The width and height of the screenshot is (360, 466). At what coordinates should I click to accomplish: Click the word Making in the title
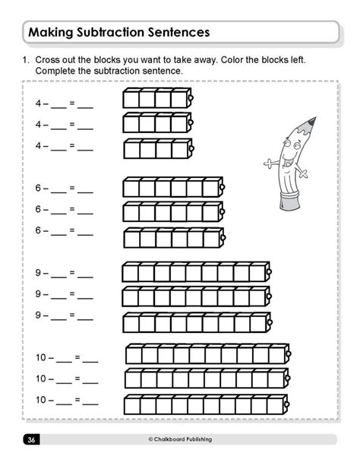click(52, 33)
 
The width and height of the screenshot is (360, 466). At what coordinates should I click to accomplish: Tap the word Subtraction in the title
click(113, 33)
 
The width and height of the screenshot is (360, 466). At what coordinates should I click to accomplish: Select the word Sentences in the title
click(178, 33)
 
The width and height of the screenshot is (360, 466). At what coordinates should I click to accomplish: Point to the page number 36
click(30, 439)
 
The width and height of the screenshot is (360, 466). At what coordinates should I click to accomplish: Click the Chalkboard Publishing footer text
click(182, 439)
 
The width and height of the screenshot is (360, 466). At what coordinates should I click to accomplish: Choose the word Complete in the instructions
click(56, 71)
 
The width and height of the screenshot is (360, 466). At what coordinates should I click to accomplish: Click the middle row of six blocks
click(172, 211)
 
